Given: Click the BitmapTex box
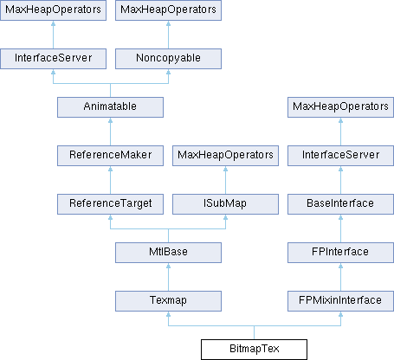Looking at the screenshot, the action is [x=254, y=350].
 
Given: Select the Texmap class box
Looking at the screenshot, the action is [x=168, y=301].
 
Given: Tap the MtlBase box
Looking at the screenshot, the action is [x=168, y=253].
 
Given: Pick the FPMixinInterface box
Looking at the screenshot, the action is [x=340, y=301].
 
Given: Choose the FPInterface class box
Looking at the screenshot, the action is [x=340, y=253].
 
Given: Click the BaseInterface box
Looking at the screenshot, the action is [x=340, y=204].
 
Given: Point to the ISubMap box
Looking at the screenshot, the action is [x=225, y=204].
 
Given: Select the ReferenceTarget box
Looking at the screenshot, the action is [x=110, y=204].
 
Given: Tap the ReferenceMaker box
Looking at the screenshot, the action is [x=110, y=156].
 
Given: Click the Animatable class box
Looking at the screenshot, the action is [x=110, y=107].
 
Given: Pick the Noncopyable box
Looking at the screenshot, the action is [x=168, y=59].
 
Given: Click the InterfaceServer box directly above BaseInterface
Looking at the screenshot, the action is [x=340, y=156].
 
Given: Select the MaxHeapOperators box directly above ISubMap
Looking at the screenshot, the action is [x=225, y=156].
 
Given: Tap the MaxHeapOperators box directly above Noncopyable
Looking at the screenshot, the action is [x=168, y=10].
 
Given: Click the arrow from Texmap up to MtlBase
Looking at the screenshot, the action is [x=168, y=277].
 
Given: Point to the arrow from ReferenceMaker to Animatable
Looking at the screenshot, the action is [x=110, y=132].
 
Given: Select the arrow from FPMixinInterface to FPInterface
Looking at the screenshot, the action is [x=340, y=277].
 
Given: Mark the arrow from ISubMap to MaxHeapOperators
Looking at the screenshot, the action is [x=225, y=180].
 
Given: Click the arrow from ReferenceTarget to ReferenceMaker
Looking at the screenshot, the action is [x=110, y=180].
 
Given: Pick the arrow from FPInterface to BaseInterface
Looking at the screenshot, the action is [x=340, y=228].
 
